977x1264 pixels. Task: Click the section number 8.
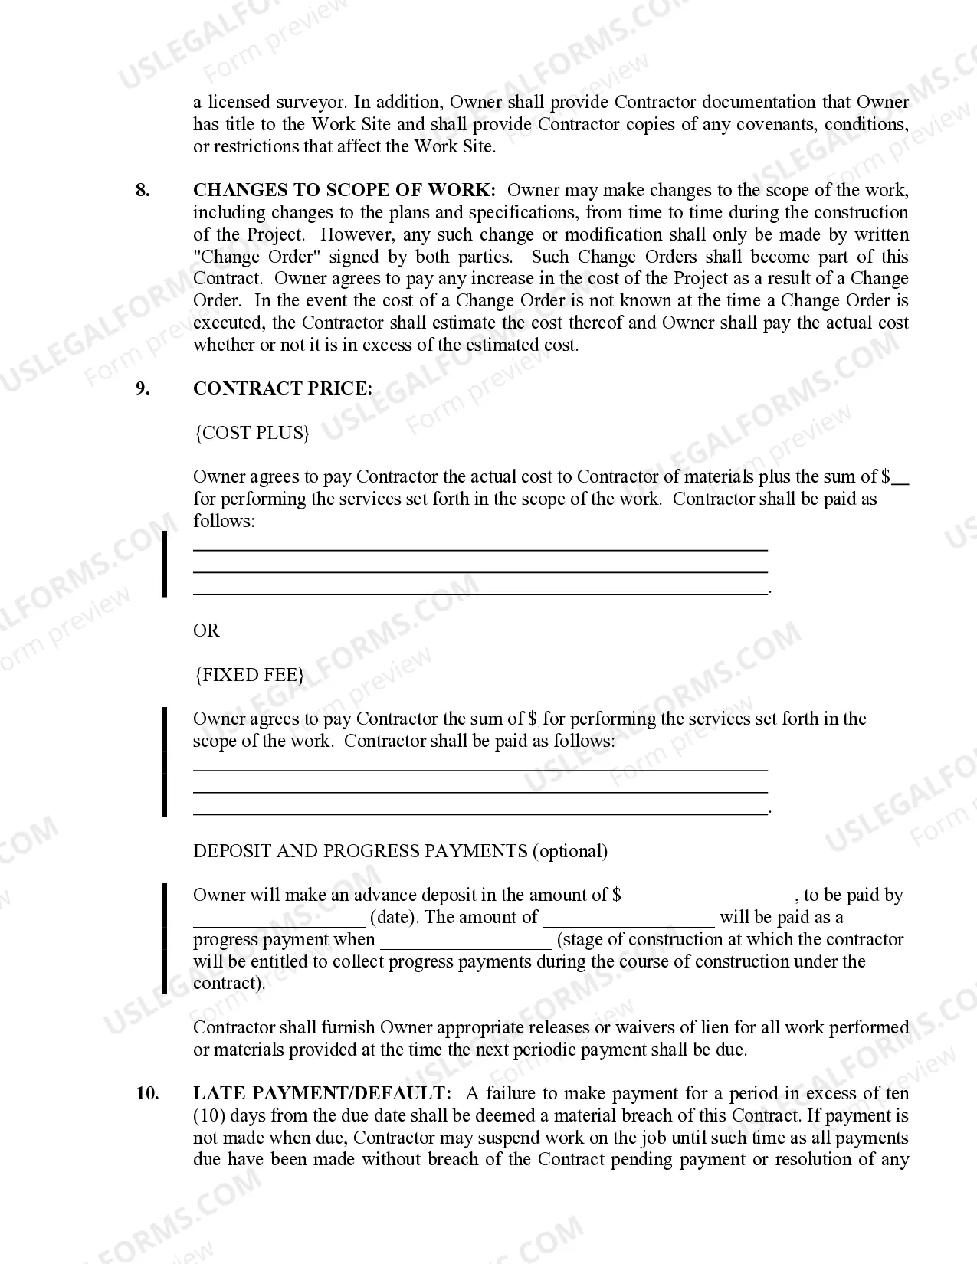point(143,191)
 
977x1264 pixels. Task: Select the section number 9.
point(143,388)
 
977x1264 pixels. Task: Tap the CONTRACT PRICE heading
point(282,388)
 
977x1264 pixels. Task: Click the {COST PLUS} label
point(252,433)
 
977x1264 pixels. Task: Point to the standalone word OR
point(206,630)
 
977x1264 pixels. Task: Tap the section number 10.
point(147,1093)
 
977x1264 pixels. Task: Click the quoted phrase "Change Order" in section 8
point(242,257)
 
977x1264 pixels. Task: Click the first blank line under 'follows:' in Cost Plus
point(480,548)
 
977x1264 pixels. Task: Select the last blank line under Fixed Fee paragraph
point(480,812)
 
